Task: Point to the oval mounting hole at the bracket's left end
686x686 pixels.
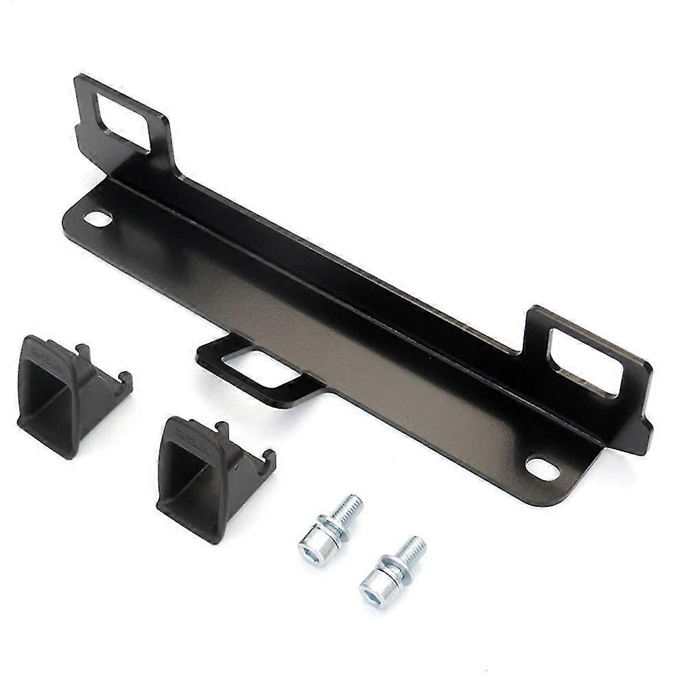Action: pos(98,219)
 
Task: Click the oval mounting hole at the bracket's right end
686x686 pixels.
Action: pos(541,469)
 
